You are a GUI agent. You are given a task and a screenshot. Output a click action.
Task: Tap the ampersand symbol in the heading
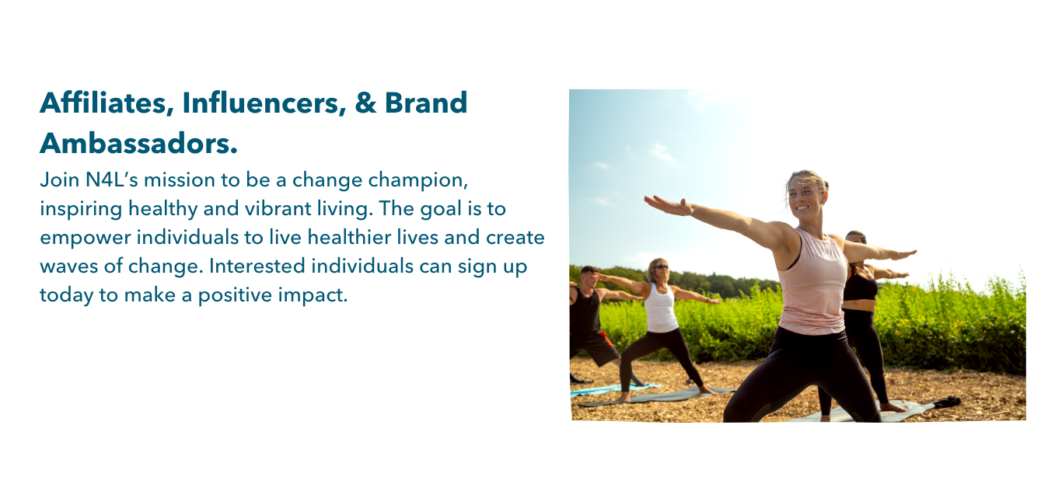click(365, 103)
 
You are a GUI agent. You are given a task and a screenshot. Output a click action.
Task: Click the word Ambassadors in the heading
click(138, 143)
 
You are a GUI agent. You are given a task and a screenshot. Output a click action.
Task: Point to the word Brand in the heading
click(426, 103)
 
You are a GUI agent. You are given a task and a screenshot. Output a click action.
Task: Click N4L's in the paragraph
click(112, 180)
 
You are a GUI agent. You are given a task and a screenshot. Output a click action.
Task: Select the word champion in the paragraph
click(418, 181)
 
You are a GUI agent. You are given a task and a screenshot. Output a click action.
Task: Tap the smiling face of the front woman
click(805, 197)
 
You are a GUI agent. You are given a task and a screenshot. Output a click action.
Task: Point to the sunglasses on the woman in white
click(661, 266)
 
